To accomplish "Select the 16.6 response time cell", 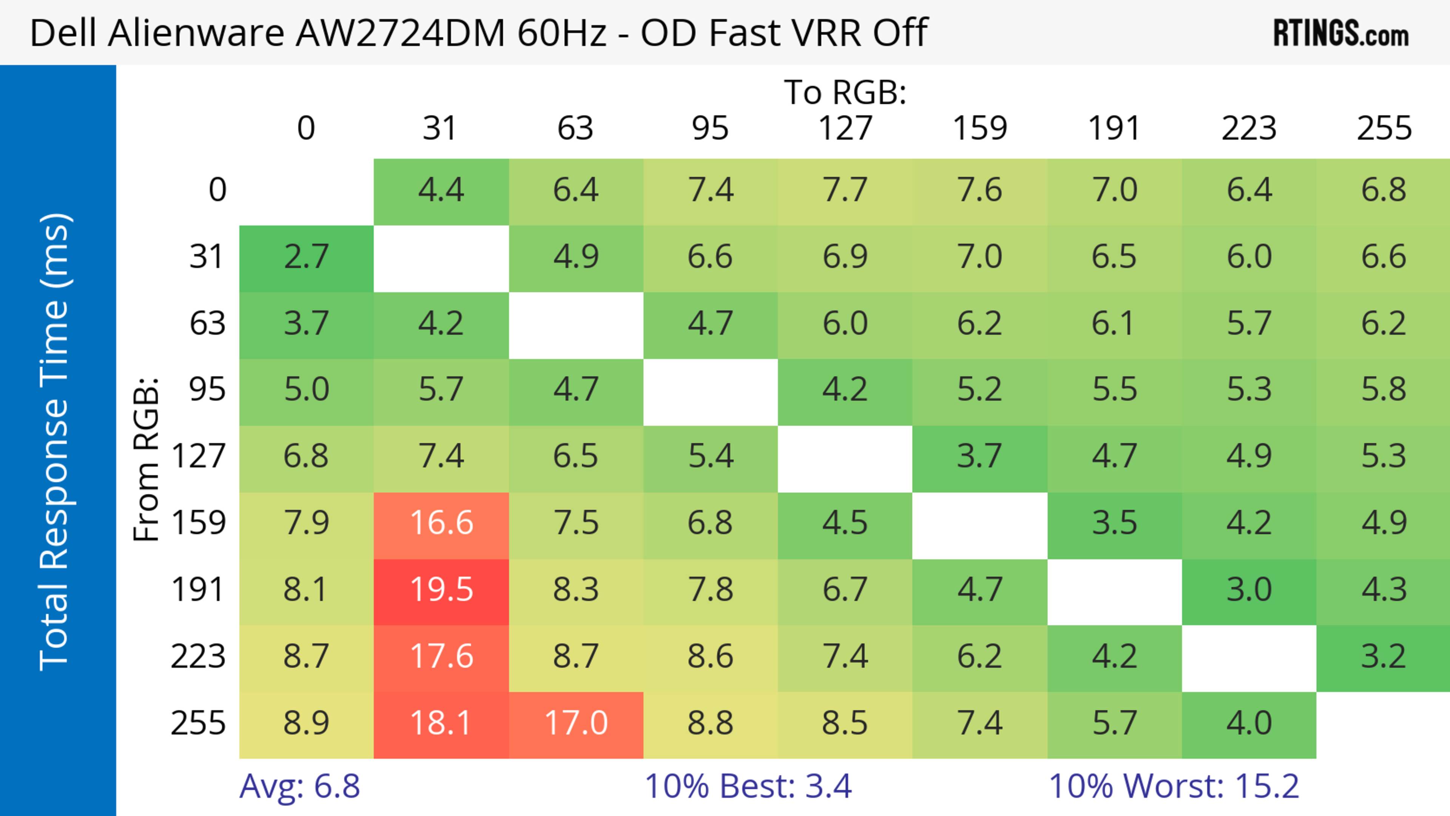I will tap(441, 523).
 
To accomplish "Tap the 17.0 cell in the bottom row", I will tap(576, 723).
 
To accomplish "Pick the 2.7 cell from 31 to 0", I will tap(306, 257).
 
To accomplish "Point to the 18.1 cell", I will tap(441, 723).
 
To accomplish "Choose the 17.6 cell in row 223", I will tap(441, 657).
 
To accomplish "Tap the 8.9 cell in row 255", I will tap(306, 723).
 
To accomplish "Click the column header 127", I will tap(845, 128).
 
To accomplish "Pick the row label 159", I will tap(199, 523).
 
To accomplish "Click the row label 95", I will tap(207, 389).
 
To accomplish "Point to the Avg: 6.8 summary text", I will tap(299, 786).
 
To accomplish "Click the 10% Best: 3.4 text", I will tap(748, 786).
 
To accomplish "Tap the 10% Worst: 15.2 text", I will tap(1174, 786).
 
